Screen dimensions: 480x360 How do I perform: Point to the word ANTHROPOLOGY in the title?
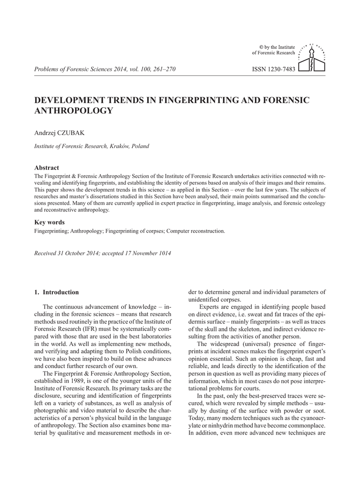pos(74,111)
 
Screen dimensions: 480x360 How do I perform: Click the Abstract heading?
pos(47,167)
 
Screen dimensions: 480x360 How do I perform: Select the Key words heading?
pos(50,222)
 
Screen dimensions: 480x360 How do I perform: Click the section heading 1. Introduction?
pos(57,292)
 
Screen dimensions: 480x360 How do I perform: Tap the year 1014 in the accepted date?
pos(162,254)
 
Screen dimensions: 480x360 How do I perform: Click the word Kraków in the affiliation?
pos(119,146)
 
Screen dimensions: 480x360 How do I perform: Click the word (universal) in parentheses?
pos(250,344)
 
